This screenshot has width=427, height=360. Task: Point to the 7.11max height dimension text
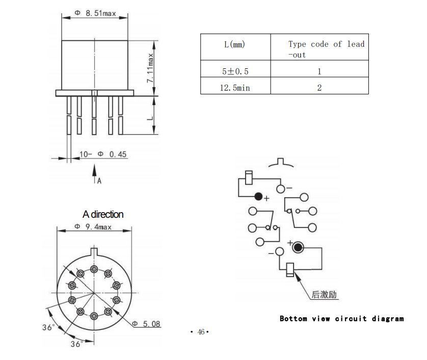pos(151,68)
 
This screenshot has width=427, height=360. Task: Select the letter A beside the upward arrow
pos(99,181)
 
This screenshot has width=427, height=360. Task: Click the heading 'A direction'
pos(103,214)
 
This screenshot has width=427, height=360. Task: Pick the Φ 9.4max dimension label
pos(93,227)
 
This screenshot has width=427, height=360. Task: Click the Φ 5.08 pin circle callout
pos(146,323)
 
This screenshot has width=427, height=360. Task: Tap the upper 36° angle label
pos(48,327)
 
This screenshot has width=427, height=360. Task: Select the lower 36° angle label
pos(76,344)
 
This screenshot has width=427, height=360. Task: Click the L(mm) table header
pos(234,44)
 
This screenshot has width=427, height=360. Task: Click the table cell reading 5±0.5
pos(235,71)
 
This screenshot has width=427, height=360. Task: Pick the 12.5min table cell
pos(235,88)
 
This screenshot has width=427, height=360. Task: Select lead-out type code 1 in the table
pos(319,71)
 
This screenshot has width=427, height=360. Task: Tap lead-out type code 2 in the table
pos(319,88)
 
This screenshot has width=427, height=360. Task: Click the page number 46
pos(201,332)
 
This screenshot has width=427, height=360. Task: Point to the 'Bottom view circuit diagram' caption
pos(341,319)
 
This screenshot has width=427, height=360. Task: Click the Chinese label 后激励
pos(325,295)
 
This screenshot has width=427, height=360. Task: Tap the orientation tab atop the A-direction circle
pos(94,251)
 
